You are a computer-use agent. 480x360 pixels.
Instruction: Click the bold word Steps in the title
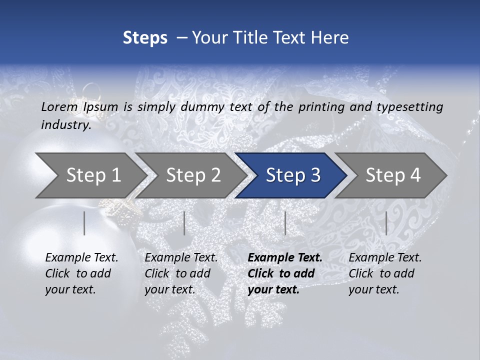click(145, 37)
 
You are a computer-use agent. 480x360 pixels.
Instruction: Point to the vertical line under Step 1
click(84, 223)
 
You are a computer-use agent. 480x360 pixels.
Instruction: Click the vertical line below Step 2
click(184, 223)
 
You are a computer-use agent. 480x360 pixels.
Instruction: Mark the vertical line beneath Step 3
click(285, 223)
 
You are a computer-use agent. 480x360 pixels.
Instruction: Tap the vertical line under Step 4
click(386, 223)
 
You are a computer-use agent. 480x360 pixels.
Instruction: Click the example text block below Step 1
click(81, 273)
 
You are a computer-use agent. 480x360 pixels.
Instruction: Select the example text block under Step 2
click(181, 273)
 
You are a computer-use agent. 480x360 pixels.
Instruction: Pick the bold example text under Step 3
click(285, 273)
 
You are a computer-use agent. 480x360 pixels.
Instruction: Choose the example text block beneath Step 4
click(385, 273)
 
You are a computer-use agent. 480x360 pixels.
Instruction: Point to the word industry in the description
click(66, 125)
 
